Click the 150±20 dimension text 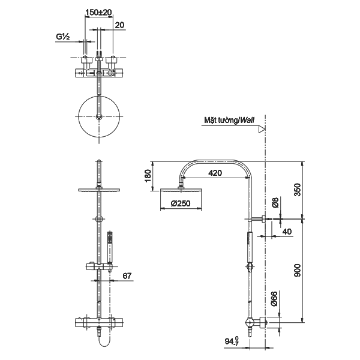(98, 12)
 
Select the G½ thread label (62, 37)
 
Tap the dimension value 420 (215, 173)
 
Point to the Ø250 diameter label (181, 203)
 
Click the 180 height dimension (148, 176)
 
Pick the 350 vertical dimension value (297, 190)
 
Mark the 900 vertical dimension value (297, 270)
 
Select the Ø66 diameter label (274, 299)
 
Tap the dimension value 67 (127, 276)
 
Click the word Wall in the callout (247, 120)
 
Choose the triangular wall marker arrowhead (262, 129)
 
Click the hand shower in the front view (110, 247)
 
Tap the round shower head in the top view (99, 116)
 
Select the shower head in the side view (181, 190)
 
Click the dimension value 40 (287, 232)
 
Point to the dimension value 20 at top (119, 25)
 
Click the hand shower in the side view (250, 248)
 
